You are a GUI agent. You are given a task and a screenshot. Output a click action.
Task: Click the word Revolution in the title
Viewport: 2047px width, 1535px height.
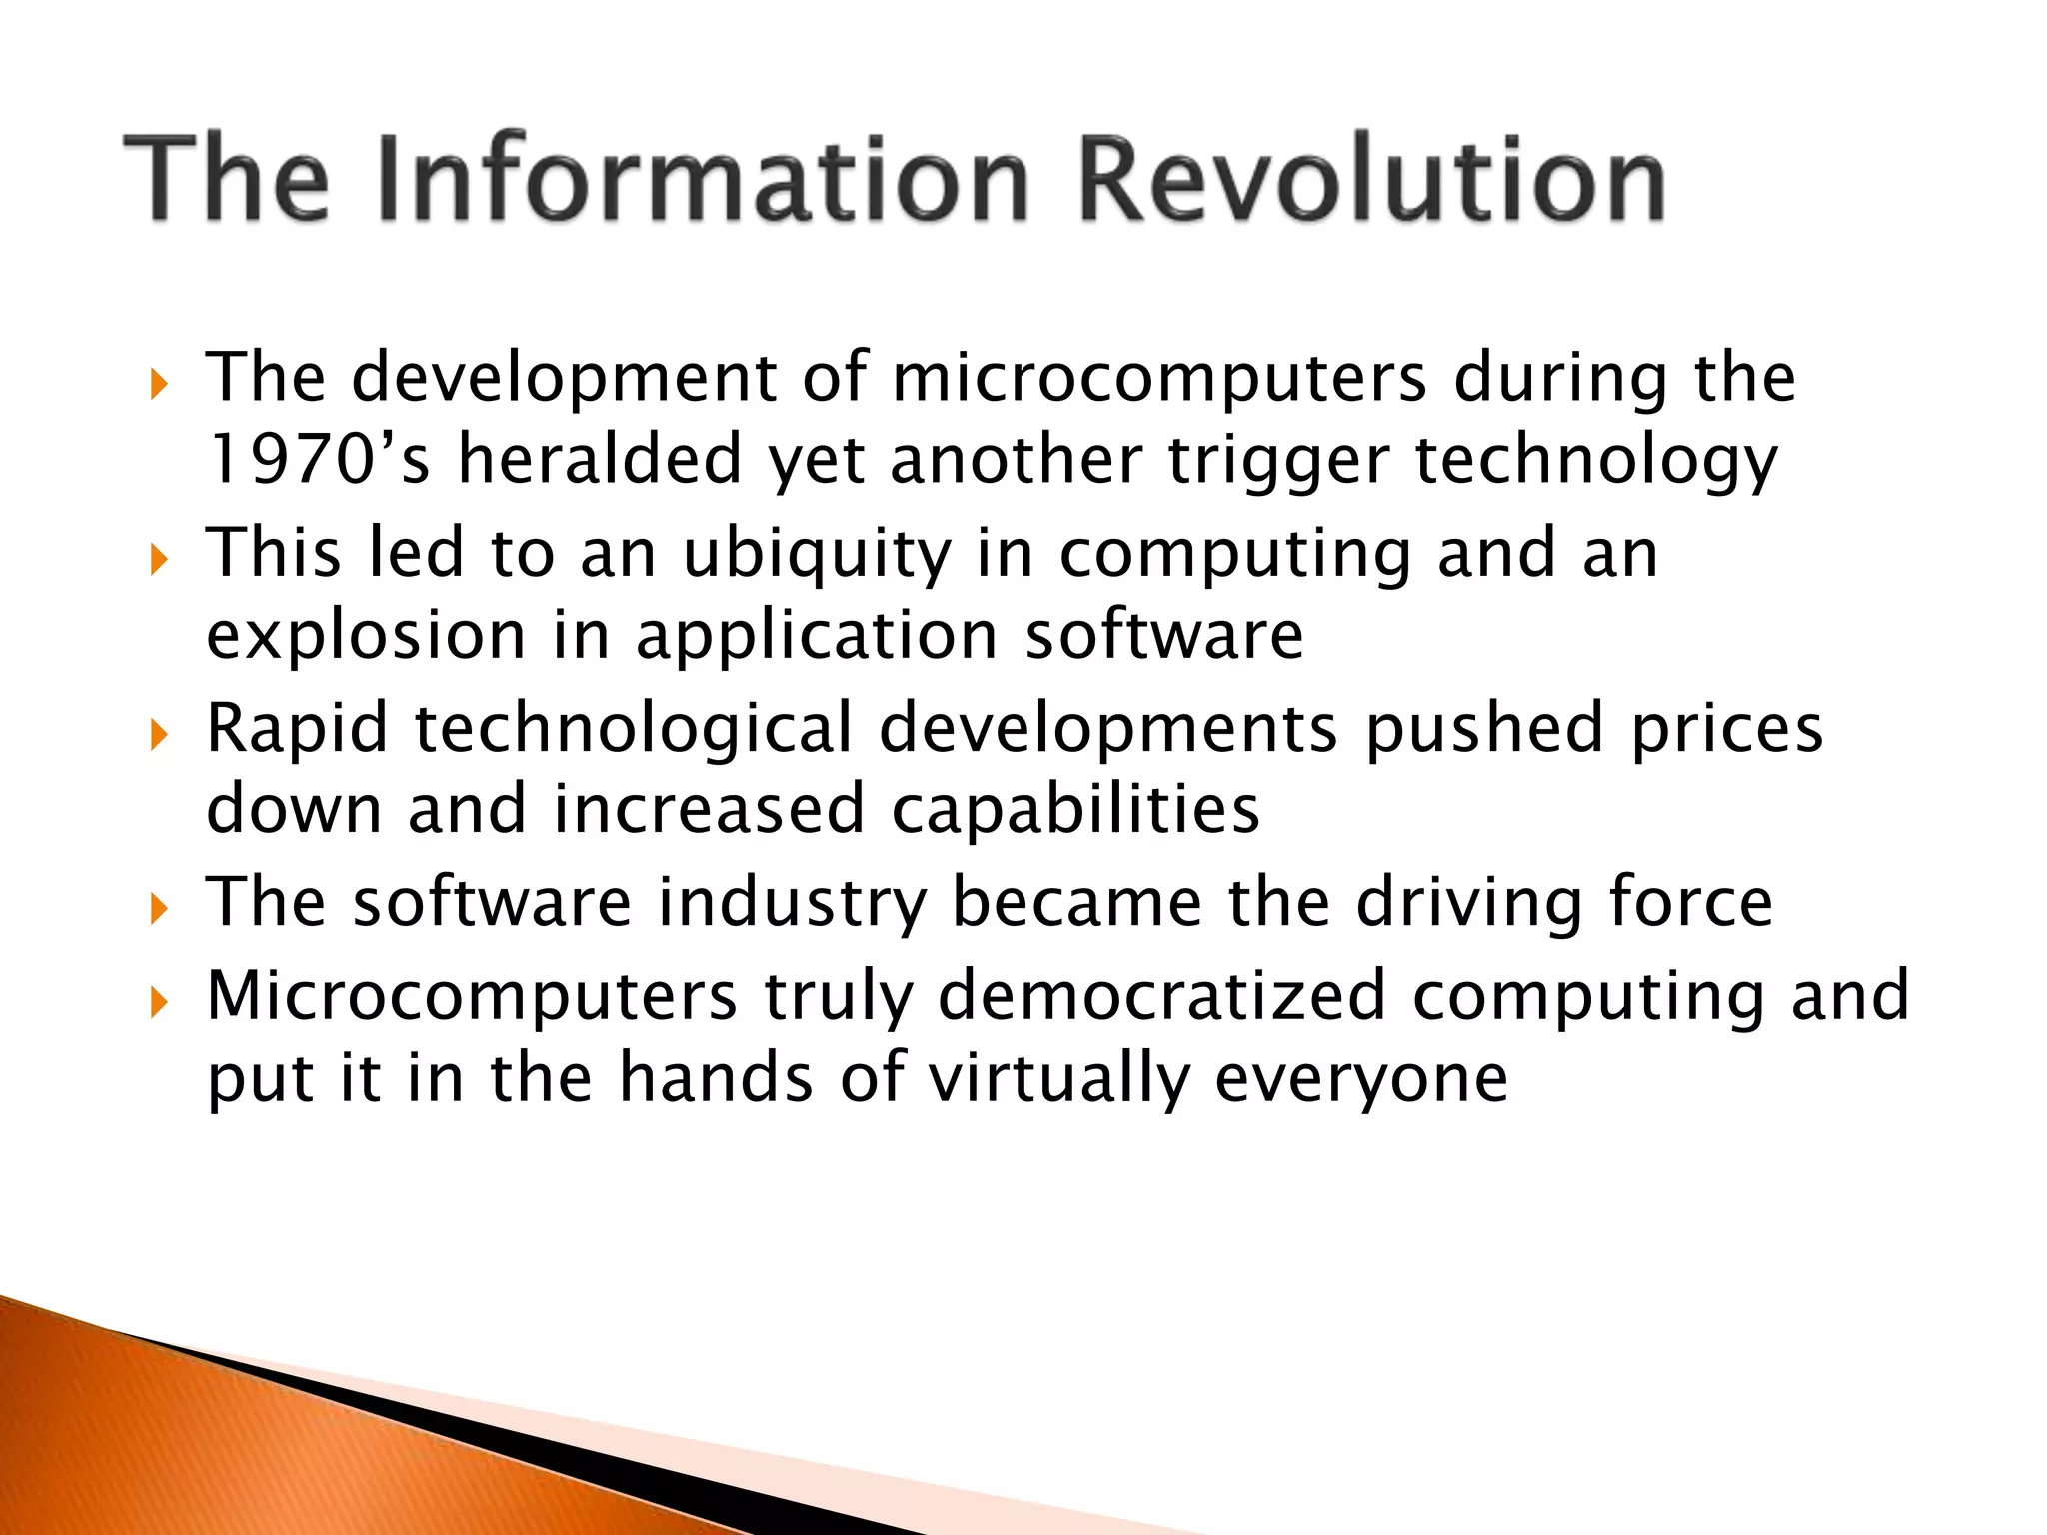pos(1372,180)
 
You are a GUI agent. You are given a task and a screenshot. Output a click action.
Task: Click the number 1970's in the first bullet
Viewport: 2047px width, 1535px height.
pos(318,460)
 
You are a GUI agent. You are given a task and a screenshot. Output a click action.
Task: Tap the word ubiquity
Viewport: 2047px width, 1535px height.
pos(817,556)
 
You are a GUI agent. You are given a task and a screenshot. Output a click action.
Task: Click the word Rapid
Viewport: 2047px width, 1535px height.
pos(297,730)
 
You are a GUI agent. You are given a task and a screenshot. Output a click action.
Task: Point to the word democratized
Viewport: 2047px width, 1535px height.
pos(1161,996)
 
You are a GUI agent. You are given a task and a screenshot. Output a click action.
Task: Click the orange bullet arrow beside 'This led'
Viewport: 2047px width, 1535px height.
pos(159,559)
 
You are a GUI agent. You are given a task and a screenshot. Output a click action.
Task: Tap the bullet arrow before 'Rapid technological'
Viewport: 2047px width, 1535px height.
pos(159,735)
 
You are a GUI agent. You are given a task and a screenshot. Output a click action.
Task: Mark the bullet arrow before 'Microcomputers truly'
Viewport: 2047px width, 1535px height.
pos(159,1001)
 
